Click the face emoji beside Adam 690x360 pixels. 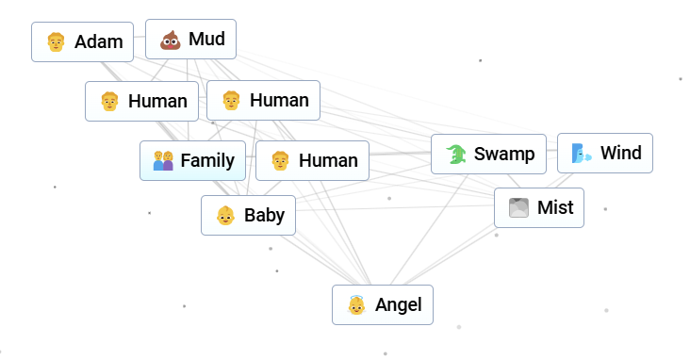click(x=56, y=41)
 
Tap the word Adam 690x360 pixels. click(x=99, y=41)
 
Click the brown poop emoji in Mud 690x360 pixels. click(x=170, y=40)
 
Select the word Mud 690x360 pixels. click(x=206, y=39)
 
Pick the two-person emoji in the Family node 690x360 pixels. click(x=163, y=161)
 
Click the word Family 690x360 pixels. click(x=207, y=160)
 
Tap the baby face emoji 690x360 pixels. click(x=225, y=216)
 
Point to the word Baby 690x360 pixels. click(x=264, y=215)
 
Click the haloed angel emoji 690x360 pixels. click(x=356, y=305)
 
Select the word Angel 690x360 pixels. click(x=398, y=304)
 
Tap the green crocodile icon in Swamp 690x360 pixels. click(x=456, y=155)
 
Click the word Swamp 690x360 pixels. click(x=504, y=154)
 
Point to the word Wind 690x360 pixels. click(x=620, y=153)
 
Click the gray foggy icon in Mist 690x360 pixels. click(x=518, y=208)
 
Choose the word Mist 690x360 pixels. click(x=554, y=207)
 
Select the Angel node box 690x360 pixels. click(x=383, y=304)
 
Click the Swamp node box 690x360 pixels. click(x=489, y=154)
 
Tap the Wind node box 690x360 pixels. click(x=605, y=153)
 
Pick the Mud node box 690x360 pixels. click(x=190, y=40)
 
